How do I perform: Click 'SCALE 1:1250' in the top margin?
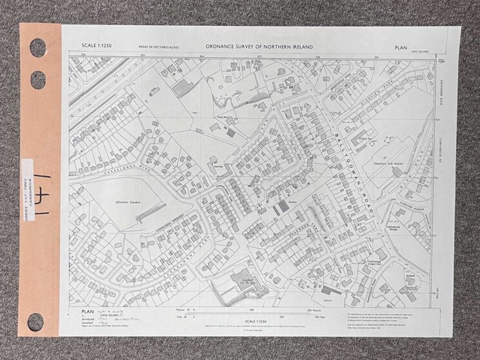coord(95,46)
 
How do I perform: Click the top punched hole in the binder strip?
coord(37,47)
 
